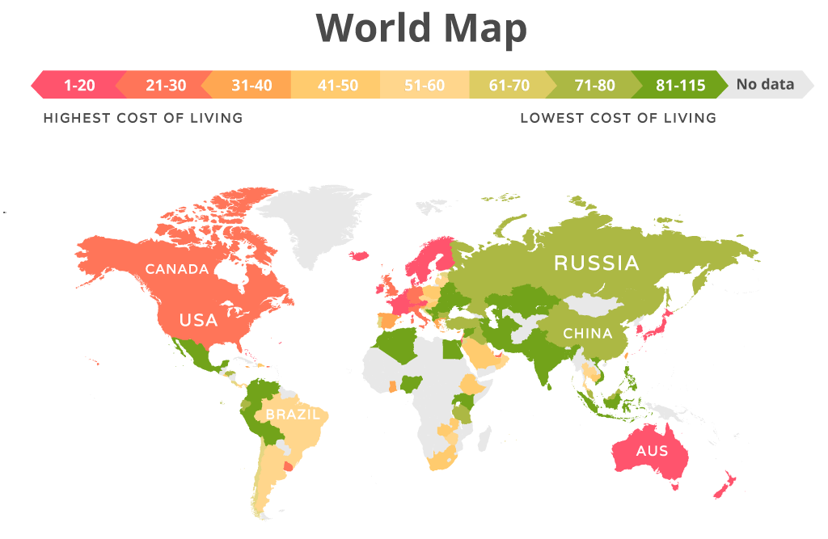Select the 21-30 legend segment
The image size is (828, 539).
click(x=164, y=85)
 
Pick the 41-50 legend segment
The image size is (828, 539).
click(x=338, y=85)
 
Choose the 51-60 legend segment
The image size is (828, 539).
click(x=425, y=85)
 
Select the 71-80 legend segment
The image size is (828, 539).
click(x=595, y=85)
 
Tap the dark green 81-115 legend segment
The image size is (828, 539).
click(x=680, y=85)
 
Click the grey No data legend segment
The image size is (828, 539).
click(x=765, y=84)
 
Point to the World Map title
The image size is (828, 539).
click(x=421, y=28)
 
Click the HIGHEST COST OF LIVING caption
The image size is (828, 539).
click(x=143, y=118)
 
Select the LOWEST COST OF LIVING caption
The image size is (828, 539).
click(x=618, y=118)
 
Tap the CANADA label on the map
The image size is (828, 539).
click(x=177, y=269)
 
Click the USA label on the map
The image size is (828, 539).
click(x=198, y=320)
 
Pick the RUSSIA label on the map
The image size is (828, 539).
click(x=596, y=263)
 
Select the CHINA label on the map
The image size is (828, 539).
click(x=588, y=333)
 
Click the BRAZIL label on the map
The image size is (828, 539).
click(x=293, y=415)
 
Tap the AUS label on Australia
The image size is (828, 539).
click(x=653, y=450)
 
